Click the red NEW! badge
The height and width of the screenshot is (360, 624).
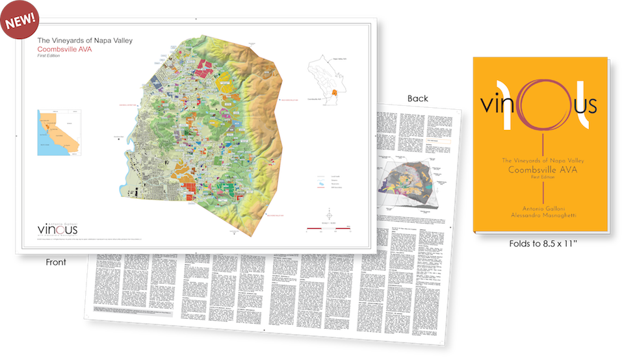click(20, 19)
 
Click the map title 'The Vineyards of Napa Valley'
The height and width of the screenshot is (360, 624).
click(77, 40)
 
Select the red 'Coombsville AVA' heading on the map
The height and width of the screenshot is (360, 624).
click(67, 49)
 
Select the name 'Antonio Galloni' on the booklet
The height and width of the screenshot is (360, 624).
click(541, 207)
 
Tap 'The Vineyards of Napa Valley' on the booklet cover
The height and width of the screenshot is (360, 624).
click(540, 160)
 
